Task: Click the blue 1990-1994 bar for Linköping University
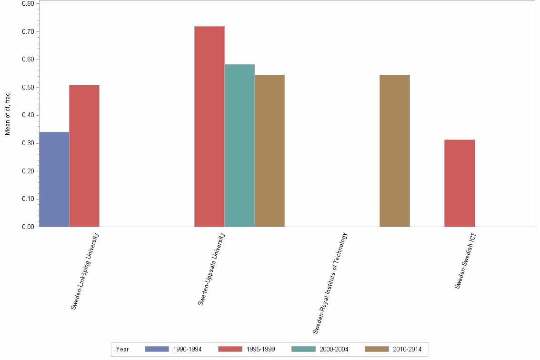coord(54,179)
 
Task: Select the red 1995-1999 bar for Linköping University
coord(84,156)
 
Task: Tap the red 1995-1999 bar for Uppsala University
coord(210,126)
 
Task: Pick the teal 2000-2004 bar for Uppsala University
coord(240,145)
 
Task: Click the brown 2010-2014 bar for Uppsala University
coord(270,150)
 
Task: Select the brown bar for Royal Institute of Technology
coord(394,150)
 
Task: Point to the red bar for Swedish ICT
coord(460,183)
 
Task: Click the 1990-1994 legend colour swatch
coord(157,349)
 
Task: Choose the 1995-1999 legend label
coord(260,349)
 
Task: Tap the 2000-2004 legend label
coord(334,349)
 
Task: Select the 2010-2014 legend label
coord(407,349)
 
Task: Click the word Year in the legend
coord(122,349)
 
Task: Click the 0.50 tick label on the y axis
coord(28,88)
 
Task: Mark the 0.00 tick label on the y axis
coord(28,227)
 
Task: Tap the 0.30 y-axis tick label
coord(28,143)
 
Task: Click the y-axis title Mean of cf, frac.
coord(8,112)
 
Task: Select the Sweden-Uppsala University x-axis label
coord(211,269)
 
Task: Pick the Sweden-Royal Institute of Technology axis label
coord(330,283)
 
